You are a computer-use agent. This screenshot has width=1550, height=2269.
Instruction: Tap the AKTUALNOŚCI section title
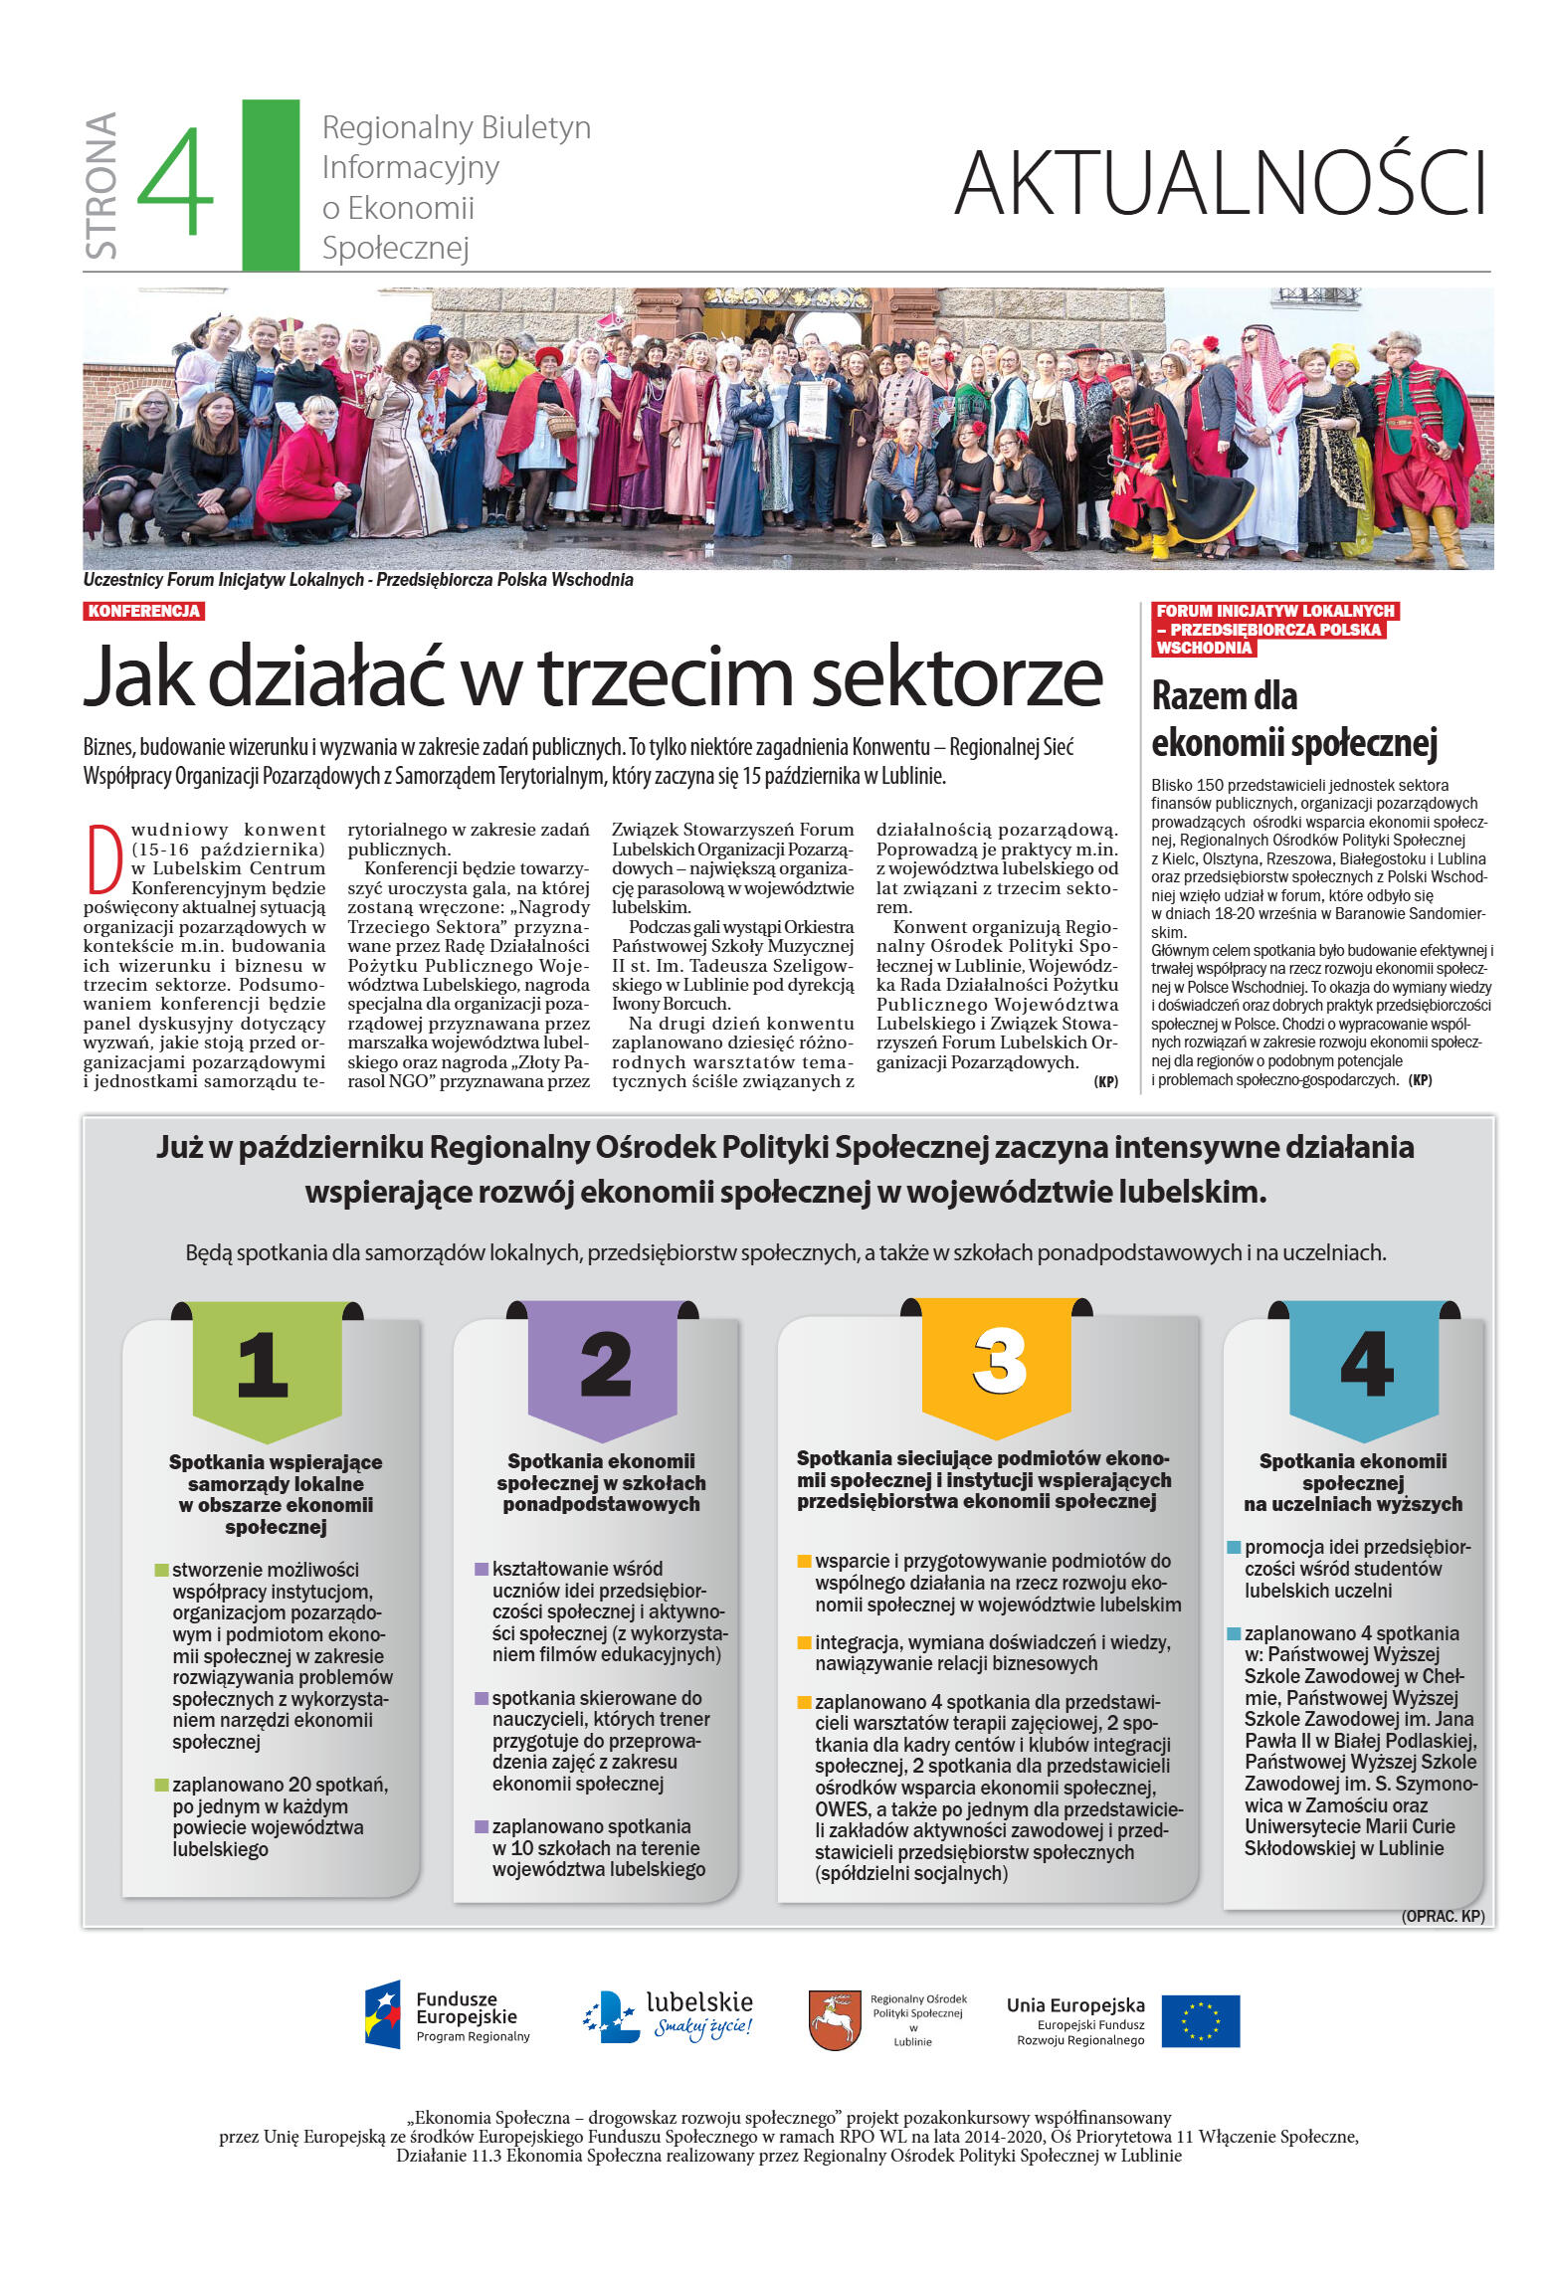click(1220, 183)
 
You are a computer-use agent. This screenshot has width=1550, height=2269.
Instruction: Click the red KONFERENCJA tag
click(144, 611)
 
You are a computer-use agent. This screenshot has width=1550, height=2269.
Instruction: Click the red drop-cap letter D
click(104, 857)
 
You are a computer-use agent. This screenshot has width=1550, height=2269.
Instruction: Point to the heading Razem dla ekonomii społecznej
click(1292, 719)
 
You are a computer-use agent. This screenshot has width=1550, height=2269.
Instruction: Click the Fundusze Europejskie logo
click(447, 2016)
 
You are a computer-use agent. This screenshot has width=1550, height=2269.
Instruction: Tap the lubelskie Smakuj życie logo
click(669, 2016)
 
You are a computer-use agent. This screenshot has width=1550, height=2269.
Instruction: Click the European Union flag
click(1200, 2020)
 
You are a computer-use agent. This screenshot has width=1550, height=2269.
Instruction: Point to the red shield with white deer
click(834, 2020)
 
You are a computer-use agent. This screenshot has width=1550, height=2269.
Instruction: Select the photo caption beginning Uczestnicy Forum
click(358, 580)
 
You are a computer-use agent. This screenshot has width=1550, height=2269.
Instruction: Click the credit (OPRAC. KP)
click(1442, 1916)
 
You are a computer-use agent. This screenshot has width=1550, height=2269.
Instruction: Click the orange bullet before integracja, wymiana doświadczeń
click(804, 1642)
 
